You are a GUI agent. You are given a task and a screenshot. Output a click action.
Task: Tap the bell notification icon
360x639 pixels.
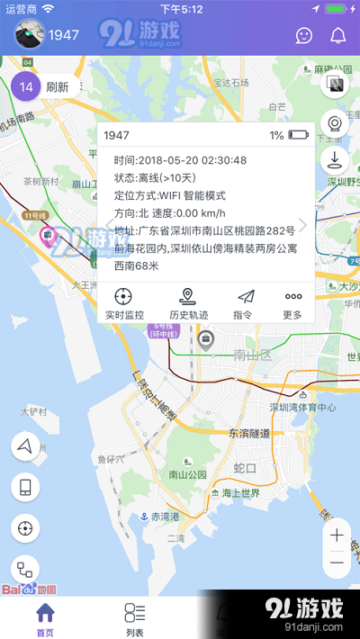(x=338, y=36)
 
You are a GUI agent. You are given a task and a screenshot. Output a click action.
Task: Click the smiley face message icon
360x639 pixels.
(x=305, y=36)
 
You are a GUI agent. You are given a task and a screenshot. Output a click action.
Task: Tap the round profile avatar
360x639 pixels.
(x=28, y=36)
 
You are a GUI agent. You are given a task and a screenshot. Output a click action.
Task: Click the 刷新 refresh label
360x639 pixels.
(x=58, y=87)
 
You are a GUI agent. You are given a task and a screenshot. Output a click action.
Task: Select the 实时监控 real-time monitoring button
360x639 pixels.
(x=124, y=304)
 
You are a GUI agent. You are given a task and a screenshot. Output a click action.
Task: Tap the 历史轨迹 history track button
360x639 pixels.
(x=188, y=304)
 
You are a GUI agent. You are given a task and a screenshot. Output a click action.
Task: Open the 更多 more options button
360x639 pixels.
(x=293, y=304)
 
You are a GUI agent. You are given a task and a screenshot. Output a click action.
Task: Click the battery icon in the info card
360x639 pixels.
(x=298, y=136)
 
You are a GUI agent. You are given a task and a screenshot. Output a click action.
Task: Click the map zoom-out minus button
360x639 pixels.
(x=337, y=562)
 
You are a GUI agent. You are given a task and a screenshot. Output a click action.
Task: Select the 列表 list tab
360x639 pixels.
(x=135, y=619)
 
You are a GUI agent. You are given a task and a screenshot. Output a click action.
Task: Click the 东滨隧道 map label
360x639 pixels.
(x=255, y=434)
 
